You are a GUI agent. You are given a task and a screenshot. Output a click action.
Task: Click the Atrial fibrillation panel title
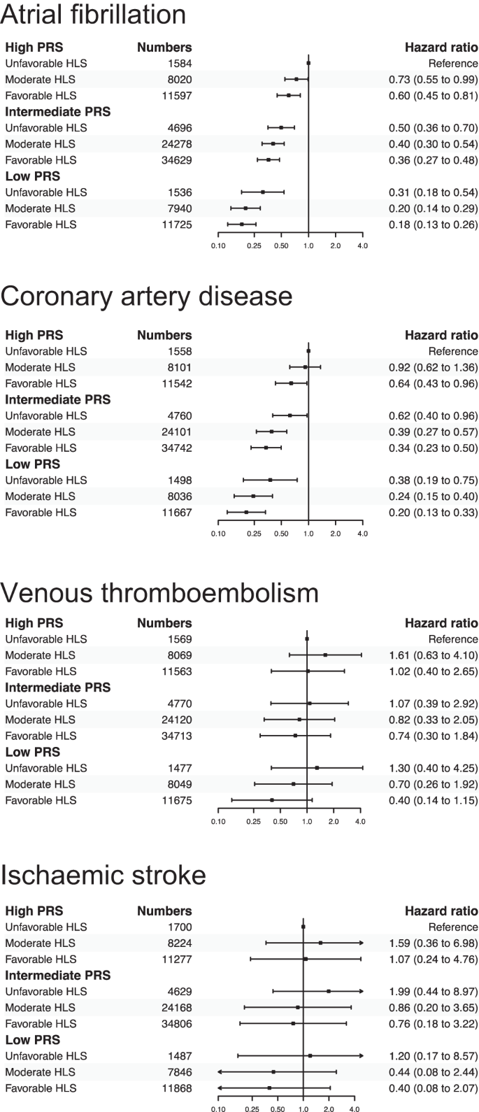coord(93,15)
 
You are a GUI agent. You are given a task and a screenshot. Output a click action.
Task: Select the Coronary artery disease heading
coord(146,297)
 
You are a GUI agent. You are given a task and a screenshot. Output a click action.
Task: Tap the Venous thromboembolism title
coord(159,593)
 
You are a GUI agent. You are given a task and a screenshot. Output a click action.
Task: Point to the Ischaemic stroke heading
coord(103,875)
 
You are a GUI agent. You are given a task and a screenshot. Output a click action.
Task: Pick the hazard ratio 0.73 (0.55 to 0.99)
coord(433,79)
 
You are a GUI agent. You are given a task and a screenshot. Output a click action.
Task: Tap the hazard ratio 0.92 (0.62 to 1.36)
coord(433,367)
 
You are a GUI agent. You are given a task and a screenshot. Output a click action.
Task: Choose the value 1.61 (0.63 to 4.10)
coord(433,655)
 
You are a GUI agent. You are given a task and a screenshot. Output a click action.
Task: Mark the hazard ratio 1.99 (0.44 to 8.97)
coord(433,991)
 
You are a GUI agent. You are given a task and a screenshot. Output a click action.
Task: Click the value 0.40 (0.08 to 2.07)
coord(433,1088)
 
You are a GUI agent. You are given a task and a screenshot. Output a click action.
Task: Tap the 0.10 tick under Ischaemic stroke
coord(219,1109)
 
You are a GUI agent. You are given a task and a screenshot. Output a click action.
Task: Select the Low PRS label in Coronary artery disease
coord(33,464)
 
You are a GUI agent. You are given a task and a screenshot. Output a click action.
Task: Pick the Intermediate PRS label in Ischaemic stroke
coord(58,975)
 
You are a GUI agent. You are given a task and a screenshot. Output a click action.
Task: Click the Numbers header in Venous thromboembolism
coord(164,623)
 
